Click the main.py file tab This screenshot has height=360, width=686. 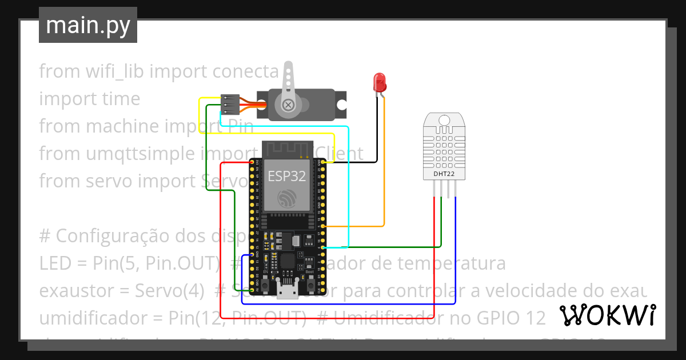pos(87,25)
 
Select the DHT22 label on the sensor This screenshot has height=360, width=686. pos(444,174)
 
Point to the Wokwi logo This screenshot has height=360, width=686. pos(607,315)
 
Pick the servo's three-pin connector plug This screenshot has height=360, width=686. pos(229,105)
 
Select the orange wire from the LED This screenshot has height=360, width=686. pos(384,171)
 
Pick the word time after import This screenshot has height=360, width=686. pos(121,99)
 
